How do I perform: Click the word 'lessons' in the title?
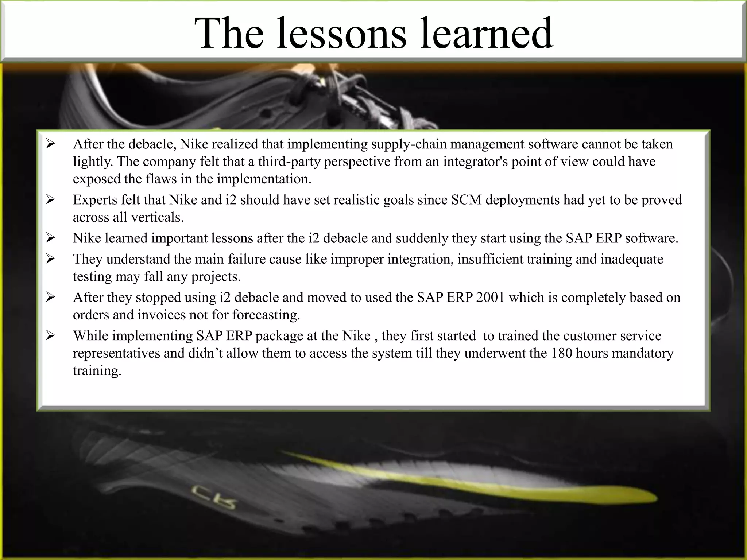341,34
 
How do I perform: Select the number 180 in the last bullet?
562,353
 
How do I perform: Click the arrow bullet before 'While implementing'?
50,335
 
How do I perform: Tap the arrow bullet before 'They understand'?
50,259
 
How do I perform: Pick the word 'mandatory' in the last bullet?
642,353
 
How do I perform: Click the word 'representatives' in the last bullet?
116,353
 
